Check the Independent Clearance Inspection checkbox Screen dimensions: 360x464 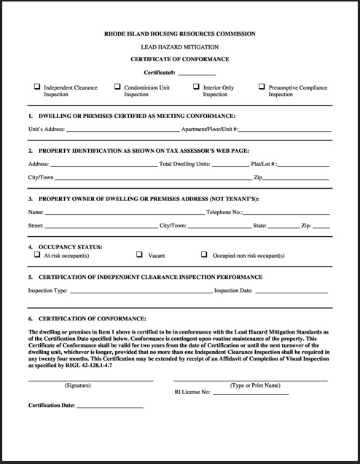tap(37, 87)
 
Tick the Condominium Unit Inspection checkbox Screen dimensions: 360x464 tap(117, 87)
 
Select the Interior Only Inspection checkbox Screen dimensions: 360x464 tap(196, 87)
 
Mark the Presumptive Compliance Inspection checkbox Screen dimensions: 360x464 tap(262, 87)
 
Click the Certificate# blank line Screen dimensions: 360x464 tap(197, 74)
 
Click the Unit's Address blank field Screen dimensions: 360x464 tap(122, 130)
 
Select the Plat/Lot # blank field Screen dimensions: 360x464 tap(303, 165)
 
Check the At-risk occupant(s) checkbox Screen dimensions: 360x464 tap(37, 256)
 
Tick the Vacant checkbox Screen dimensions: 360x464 tap(139, 256)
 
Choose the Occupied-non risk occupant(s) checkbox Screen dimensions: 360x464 tap(205, 256)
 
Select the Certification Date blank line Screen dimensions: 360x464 tap(109, 405)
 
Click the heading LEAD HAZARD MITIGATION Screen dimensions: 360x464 tap(179, 46)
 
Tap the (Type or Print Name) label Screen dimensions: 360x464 tap(255, 385)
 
